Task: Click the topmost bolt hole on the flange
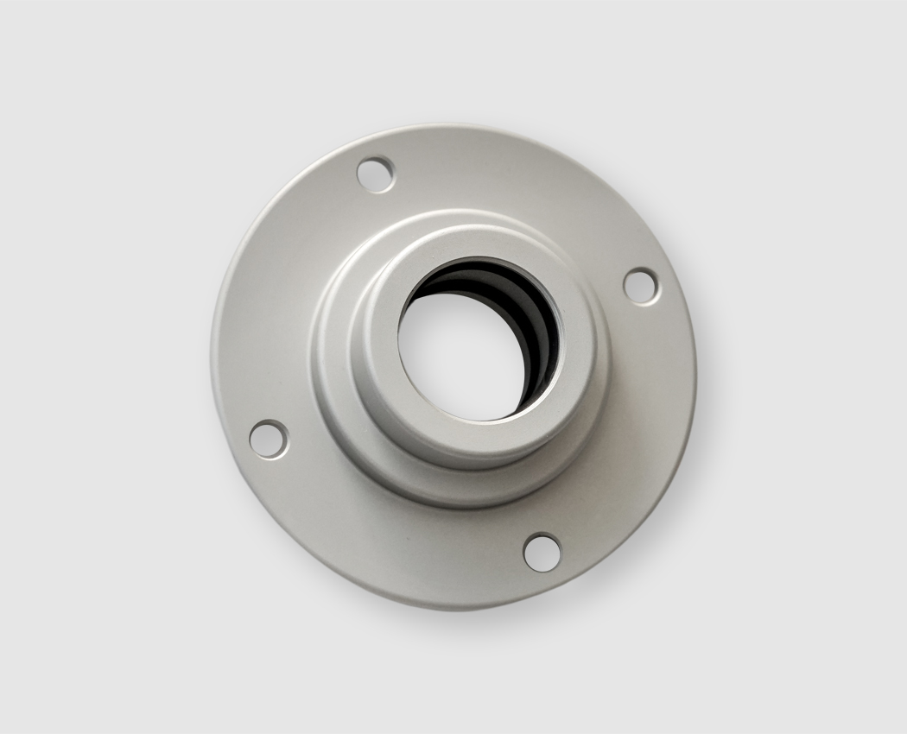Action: coord(376,174)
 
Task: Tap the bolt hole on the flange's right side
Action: coord(640,286)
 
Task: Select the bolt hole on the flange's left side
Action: coord(269,439)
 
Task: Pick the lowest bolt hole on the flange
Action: coord(542,552)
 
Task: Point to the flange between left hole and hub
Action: coord(298,406)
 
